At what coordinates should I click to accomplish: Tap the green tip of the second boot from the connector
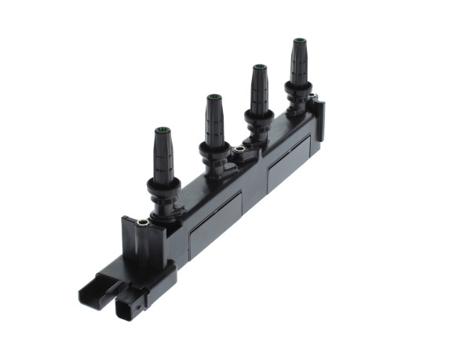tap(214, 97)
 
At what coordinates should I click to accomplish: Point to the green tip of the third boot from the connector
tap(258, 67)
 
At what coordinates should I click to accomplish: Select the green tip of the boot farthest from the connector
tap(298, 40)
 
